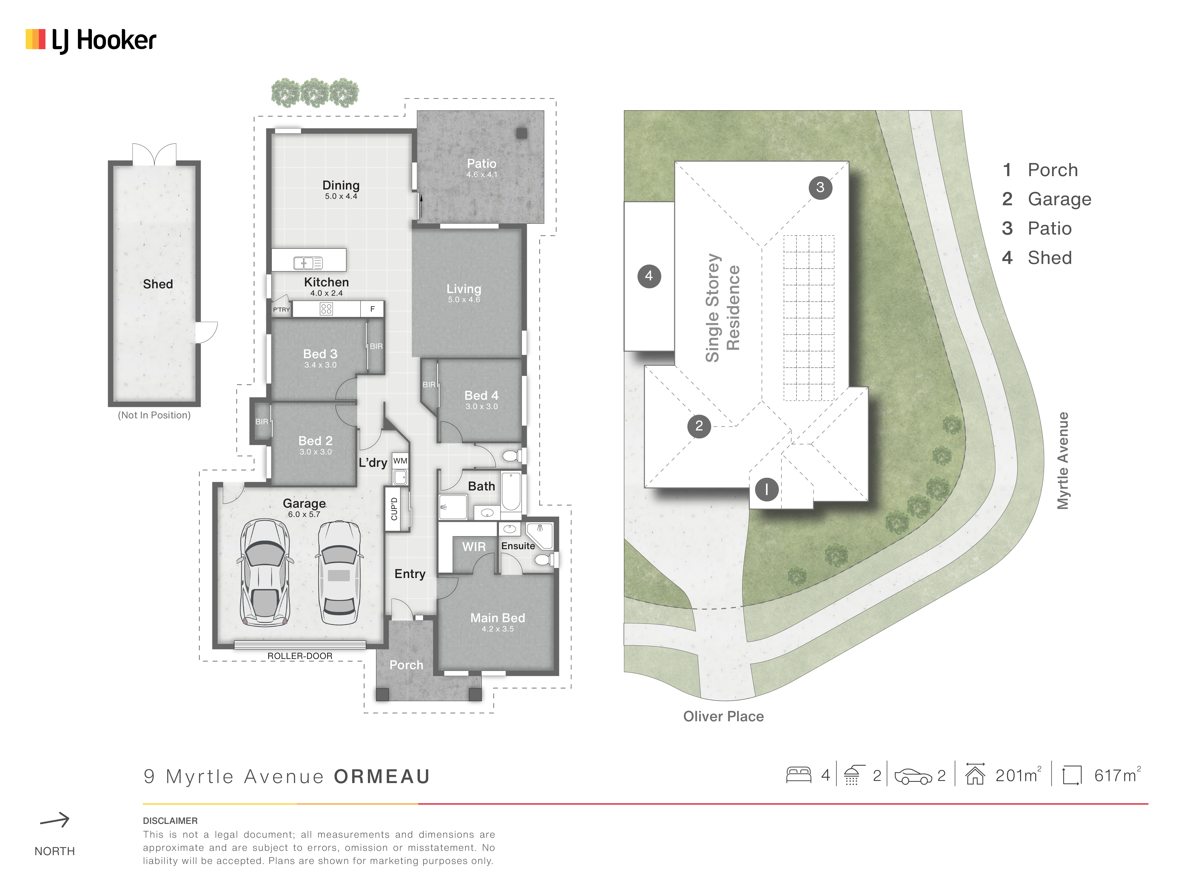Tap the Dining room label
pyautogui.click(x=341, y=185)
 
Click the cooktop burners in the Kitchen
pyautogui.click(x=326, y=309)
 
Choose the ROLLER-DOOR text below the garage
pyautogui.click(x=300, y=656)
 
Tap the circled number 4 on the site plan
pyautogui.click(x=649, y=276)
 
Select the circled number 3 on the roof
pyautogui.click(x=820, y=187)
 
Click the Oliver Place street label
pyautogui.click(x=723, y=716)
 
